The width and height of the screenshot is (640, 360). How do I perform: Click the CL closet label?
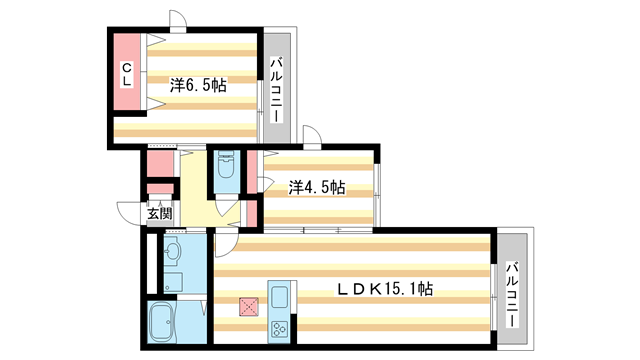tap(127, 75)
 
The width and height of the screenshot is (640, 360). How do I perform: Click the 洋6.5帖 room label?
tap(198, 86)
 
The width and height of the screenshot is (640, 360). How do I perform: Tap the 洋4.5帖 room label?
tap(317, 187)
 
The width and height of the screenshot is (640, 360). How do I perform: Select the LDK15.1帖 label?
tap(383, 290)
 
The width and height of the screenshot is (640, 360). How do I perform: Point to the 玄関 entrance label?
tap(160, 213)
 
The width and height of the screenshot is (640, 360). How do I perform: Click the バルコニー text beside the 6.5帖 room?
tap(275, 91)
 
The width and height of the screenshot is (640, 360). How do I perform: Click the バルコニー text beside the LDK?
tap(511, 291)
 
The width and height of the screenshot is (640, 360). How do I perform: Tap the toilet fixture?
tap(225, 168)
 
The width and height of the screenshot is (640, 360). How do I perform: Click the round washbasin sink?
tap(172, 250)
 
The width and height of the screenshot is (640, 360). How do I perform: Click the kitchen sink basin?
tap(278, 297)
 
